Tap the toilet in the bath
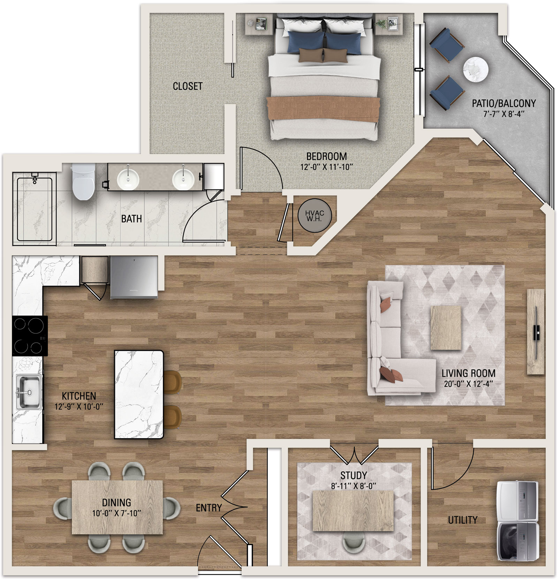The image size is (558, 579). [x=83, y=181]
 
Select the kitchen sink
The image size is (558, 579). [x=28, y=391]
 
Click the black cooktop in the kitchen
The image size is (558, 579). [x=30, y=336]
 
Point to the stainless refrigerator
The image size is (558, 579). [x=134, y=277]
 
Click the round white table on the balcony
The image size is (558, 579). [x=476, y=69]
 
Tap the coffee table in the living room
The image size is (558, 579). [x=446, y=328]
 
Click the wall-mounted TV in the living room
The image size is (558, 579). [x=536, y=331]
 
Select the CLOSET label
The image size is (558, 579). [x=188, y=86]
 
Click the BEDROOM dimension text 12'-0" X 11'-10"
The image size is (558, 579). [x=327, y=167]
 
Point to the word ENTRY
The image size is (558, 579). [x=209, y=508]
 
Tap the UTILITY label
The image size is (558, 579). [x=462, y=520]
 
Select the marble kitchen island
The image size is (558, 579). [x=139, y=394]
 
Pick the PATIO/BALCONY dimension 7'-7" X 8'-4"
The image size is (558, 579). [x=504, y=114]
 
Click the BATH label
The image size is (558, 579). [x=131, y=219]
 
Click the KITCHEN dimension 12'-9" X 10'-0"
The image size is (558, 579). [x=79, y=407]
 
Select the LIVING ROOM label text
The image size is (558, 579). [x=468, y=374]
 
